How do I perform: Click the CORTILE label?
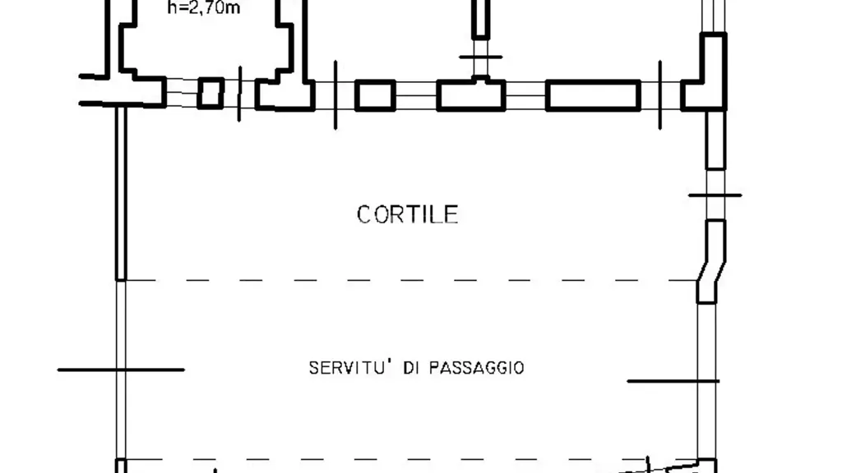pyautogui.click(x=408, y=214)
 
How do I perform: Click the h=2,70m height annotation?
pyautogui.click(x=204, y=8)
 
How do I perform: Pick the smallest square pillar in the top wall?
pyautogui.click(x=210, y=94)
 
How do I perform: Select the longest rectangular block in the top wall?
pyautogui.click(x=593, y=95)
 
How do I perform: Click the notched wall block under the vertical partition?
pyautogui.click(x=471, y=95)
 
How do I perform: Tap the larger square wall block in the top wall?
pyautogui.click(x=375, y=95)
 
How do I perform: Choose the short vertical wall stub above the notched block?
pyautogui.click(x=480, y=19)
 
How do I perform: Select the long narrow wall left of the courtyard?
pyautogui.click(x=121, y=193)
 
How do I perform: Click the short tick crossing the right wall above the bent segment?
pyautogui.click(x=715, y=195)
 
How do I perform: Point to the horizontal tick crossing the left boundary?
pyautogui.click(x=121, y=370)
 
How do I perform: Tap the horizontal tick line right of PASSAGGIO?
pyautogui.click(x=673, y=381)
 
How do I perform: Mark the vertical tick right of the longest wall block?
pyautogui.click(x=660, y=95)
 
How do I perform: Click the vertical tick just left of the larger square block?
pyautogui.click(x=335, y=95)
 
